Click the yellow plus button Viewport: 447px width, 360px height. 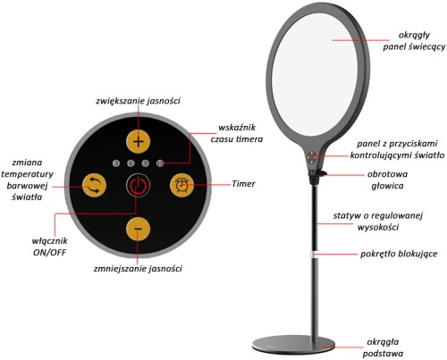(x=138, y=142)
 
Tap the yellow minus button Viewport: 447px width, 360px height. (x=138, y=229)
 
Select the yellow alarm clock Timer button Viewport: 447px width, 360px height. (x=181, y=185)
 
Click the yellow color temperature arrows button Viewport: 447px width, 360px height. (x=94, y=186)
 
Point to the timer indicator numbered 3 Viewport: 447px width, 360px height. (x=116, y=163)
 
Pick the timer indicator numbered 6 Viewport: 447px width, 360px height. (x=131, y=163)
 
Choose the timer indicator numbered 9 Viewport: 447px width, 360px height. (x=146, y=163)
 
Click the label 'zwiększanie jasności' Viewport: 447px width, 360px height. (x=138, y=101)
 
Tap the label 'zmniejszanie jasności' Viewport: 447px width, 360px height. (x=138, y=269)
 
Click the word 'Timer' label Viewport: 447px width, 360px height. (x=243, y=184)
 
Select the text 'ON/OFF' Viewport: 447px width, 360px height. (x=49, y=253)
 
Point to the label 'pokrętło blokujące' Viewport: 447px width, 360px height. (x=399, y=254)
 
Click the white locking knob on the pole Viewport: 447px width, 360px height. (x=314, y=255)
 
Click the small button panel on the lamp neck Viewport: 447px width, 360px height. (x=312, y=156)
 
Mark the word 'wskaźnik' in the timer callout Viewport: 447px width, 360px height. (x=237, y=128)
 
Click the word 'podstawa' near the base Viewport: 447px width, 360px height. (x=383, y=354)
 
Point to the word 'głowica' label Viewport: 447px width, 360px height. (x=387, y=186)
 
